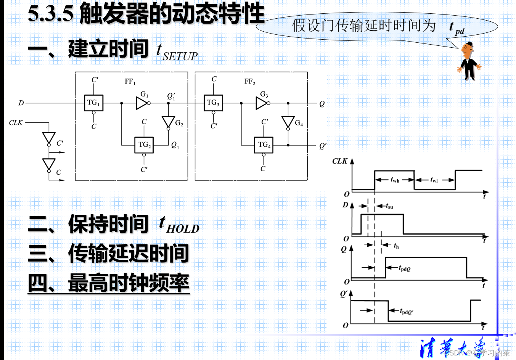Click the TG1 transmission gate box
coord(93,103)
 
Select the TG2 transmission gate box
coord(144,145)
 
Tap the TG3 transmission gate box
coord(213,103)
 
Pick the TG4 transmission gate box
coord(264,145)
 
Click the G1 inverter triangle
coord(141,103)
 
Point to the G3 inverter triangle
coord(261,103)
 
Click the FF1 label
coord(130,82)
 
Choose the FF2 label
coord(250,82)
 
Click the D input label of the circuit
coord(21,103)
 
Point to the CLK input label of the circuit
coord(16,123)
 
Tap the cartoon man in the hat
coord(468,61)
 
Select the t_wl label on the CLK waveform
coord(434,180)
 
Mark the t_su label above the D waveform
coord(389,206)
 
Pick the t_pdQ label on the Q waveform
coord(404,268)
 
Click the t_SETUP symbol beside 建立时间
coord(177,52)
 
